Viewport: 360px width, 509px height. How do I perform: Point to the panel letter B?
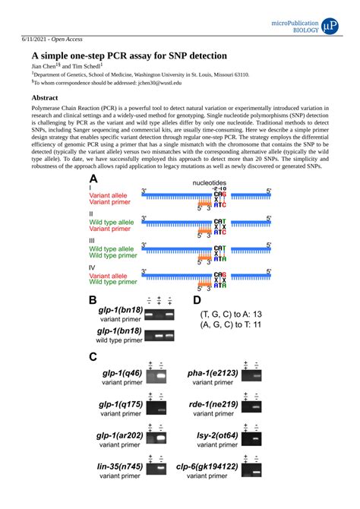point(93,301)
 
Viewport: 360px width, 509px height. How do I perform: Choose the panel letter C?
point(93,357)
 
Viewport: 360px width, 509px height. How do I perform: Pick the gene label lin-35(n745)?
point(120,466)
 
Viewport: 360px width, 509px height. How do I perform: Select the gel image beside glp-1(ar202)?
point(157,438)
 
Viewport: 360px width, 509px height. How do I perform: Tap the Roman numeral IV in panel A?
point(93,267)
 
